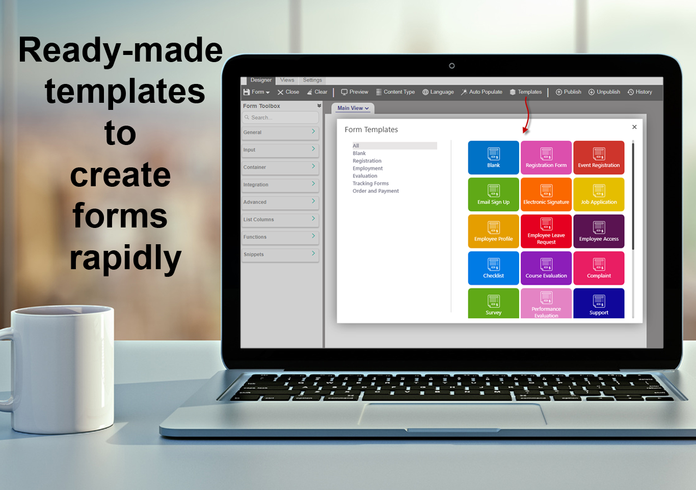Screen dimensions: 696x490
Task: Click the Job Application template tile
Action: tap(599, 194)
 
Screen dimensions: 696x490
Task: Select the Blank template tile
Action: tap(493, 157)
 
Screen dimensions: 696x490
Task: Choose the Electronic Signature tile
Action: tap(546, 194)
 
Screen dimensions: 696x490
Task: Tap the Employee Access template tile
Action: tap(599, 231)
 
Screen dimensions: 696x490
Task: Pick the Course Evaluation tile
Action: tap(546, 268)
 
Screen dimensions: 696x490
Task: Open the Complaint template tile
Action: tap(599, 268)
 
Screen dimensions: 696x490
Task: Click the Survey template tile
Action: tap(493, 303)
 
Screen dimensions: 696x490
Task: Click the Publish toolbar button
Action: tap(568, 92)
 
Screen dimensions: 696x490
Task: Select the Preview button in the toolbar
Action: tap(354, 92)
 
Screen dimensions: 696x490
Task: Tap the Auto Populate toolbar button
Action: tap(481, 92)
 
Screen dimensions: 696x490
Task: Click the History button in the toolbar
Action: tap(639, 92)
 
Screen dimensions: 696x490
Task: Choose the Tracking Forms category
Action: tap(370, 183)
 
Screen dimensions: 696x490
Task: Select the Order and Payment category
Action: tap(376, 191)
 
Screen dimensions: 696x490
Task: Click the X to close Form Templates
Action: tap(634, 127)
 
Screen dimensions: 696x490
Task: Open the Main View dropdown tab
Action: tap(353, 108)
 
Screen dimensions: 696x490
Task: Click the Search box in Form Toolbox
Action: tap(280, 118)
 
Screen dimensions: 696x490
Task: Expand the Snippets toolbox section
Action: tap(280, 254)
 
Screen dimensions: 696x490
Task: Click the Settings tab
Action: tap(312, 80)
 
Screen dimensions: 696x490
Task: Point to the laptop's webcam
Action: tap(451, 66)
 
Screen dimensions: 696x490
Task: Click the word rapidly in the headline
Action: tap(125, 257)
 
